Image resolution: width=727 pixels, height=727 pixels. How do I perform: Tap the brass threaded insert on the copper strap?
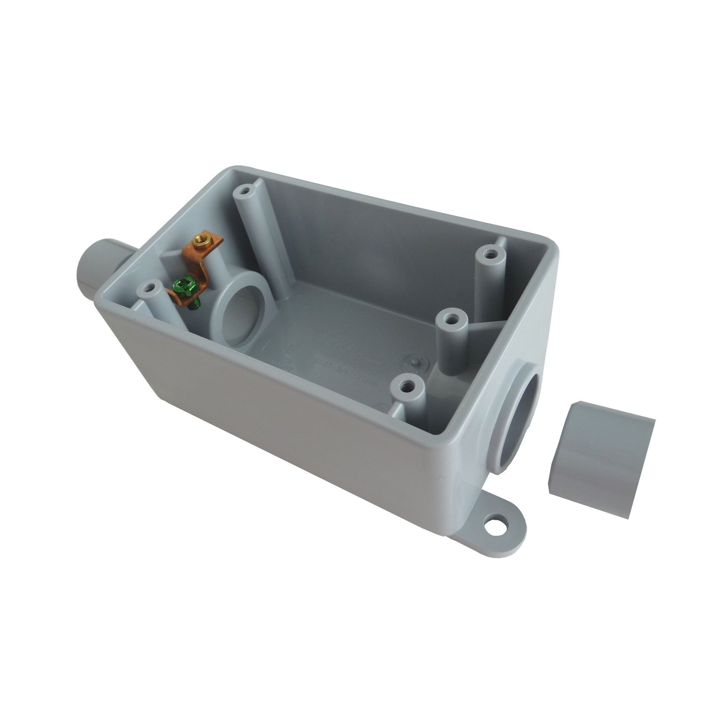pos(198,238)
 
